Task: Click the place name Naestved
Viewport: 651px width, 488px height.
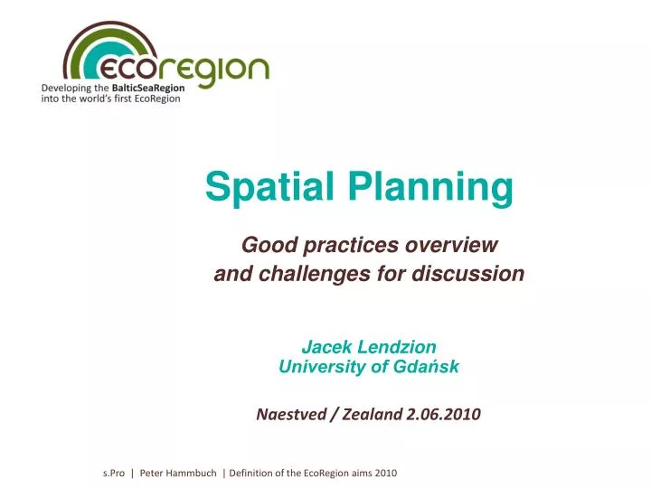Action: tap(291, 415)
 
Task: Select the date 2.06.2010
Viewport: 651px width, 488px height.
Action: tap(443, 415)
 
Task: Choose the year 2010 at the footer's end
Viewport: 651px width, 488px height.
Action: tap(386, 473)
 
